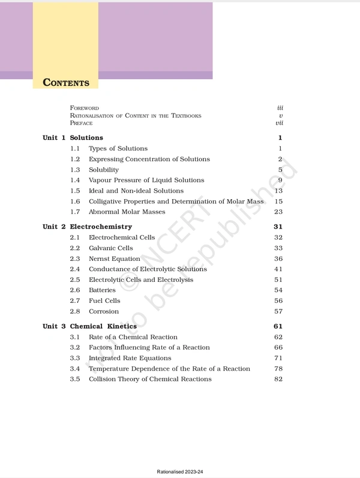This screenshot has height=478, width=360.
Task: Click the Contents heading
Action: [x=66, y=83]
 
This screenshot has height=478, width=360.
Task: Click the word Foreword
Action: [x=85, y=108]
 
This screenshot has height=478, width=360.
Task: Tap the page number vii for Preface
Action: [x=279, y=123]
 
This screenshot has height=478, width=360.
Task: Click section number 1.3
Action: [x=75, y=170]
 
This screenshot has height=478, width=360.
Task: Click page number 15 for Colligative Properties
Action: [x=278, y=202]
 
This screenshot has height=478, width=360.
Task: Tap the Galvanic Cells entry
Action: [x=111, y=248]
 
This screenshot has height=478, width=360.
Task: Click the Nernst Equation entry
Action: [x=115, y=258]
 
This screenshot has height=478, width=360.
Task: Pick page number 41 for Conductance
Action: [x=278, y=269]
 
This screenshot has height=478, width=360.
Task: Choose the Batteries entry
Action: [x=102, y=290]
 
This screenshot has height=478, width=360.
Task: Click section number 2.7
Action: [x=75, y=301]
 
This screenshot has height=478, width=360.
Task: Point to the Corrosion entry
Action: [x=104, y=312]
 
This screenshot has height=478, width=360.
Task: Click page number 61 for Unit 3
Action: [x=278, y=326]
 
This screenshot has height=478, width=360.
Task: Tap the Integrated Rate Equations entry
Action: [x=130, y=358]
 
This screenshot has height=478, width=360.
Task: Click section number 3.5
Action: [x=75, y=379]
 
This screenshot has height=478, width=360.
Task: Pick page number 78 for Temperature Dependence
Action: [x=278, y=369]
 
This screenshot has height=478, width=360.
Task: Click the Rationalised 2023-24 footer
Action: [x=180, y=472]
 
